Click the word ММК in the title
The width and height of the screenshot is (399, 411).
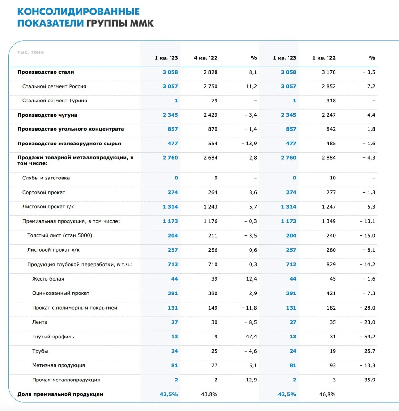pos(142,23)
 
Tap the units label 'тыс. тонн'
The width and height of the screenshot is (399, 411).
pos(30,52)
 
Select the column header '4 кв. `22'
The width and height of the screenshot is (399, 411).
pos(206,58)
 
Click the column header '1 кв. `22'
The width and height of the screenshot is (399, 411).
pos(324,58)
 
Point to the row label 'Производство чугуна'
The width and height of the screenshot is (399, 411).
pos(47,115)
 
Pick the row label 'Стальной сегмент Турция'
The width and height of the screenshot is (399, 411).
pos(55,101)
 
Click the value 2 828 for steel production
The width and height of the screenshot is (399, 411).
pos(210,72)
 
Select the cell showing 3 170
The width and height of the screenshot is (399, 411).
pos(328,72)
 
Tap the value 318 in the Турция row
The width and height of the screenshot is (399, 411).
pos(331,101)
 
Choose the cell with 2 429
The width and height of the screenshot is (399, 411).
pos(210,115)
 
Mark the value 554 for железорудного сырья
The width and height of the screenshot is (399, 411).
pos(213,144)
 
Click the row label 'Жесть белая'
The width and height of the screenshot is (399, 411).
pos(48,279)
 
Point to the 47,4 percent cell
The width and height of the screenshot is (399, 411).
pos(251,337)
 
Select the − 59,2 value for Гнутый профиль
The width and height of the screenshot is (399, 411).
pos(367,337)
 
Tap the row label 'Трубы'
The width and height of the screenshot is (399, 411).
pos(40,351)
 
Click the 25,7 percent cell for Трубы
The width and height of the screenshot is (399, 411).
pos(370,351)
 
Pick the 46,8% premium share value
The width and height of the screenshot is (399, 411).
pos(327,394)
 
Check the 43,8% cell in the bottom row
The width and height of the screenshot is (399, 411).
pos(209,394)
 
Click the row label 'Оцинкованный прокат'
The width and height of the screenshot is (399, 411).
pos(61,293)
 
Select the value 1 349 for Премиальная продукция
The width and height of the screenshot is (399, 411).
pos(328,221)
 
